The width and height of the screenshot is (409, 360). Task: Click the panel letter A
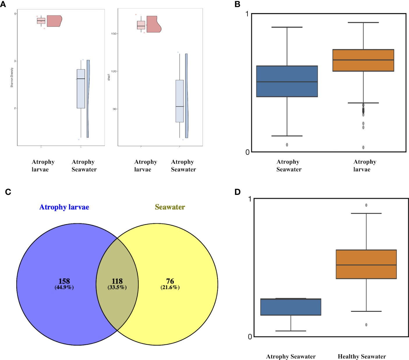point(3,4)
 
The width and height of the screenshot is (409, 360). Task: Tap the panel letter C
point(8,192)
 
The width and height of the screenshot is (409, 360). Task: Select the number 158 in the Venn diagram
point(64,281)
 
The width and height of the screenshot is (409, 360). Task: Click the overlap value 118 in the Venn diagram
point(117,281)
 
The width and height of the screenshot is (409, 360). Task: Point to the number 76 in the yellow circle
point(170,281)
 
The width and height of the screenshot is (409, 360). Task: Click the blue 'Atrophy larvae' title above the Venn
point(64,207)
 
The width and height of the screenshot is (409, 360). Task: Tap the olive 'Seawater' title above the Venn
point(170,207)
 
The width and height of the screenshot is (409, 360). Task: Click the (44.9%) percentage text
point(64,287)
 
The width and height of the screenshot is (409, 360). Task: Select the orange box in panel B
point(363,60)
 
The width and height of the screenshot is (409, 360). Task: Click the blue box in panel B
point(287,81)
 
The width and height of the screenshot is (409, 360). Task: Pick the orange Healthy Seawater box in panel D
point(366,264)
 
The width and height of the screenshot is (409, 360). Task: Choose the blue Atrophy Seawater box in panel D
point(291,307)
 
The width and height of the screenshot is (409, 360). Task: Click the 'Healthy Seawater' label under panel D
point(362,357)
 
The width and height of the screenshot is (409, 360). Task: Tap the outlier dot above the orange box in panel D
point(366,205)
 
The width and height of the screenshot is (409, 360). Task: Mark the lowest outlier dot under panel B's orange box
point(363,147)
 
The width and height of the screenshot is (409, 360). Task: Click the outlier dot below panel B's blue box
point(287,145)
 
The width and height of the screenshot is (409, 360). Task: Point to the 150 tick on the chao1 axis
point(114,34)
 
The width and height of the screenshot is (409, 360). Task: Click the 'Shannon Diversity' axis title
point(12,77)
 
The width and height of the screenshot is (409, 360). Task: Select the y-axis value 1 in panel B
point(247,14)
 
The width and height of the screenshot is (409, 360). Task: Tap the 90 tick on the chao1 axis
point(114,109)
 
